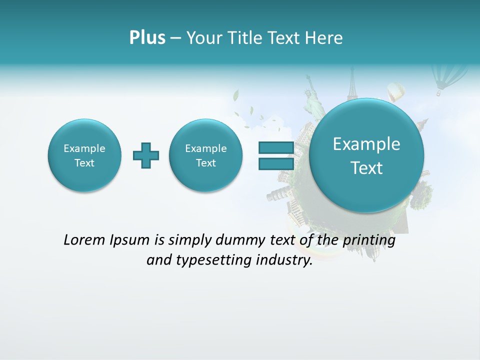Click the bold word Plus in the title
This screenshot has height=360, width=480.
pos(147,38)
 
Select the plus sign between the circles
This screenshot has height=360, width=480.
pos(146,155)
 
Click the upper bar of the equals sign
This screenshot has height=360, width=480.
pos(275,147)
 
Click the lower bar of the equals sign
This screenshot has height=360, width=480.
pos(275,164)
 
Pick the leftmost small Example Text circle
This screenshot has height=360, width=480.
pos(84,155)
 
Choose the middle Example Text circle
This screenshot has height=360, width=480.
pos(205,155)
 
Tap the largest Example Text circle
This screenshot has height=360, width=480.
pos(366,155)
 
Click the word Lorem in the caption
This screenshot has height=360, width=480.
pos(85,240)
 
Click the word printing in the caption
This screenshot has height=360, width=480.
pos(369,240)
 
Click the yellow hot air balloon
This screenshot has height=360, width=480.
pos(396,92)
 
